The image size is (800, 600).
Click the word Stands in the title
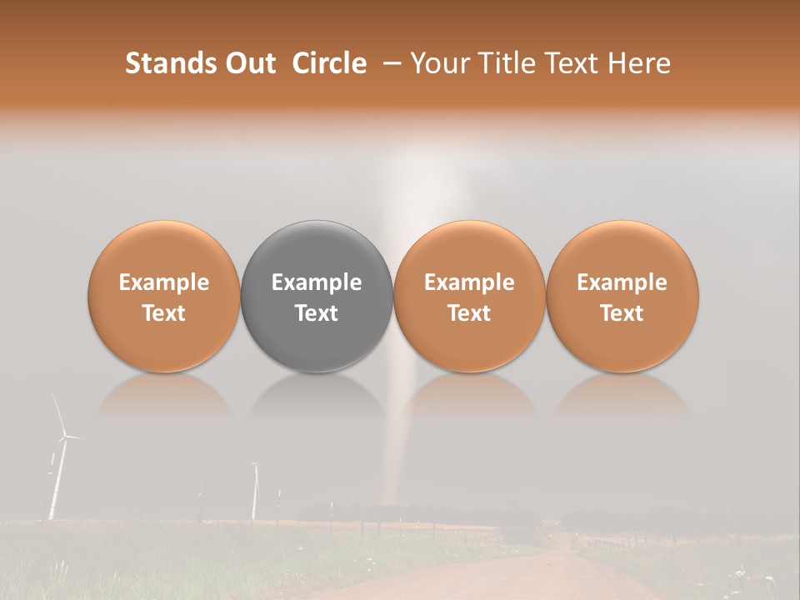[169, 63]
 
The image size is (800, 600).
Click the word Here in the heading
[639, 63]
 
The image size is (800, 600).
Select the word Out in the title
[249, 63]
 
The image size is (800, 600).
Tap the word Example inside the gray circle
[317, 282]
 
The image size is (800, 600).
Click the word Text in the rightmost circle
[622, 313]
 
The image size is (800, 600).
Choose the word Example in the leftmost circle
[164, 282]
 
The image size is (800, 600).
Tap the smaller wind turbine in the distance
[255, 492]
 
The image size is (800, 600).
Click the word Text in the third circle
[469, 313]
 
